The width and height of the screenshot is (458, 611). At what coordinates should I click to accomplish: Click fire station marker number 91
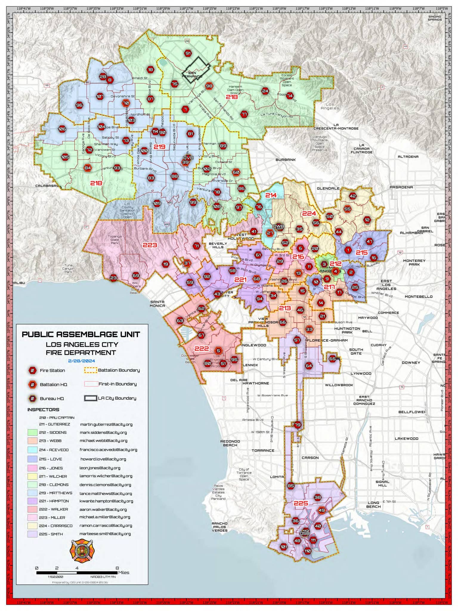click(188, 54)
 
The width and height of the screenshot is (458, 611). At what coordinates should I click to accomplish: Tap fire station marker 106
click(62, 129)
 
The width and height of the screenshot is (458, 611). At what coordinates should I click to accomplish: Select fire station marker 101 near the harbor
click(284, 547)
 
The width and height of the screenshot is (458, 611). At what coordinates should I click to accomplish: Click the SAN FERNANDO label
click(192, 75)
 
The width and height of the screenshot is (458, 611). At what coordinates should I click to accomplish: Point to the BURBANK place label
click(285, 160)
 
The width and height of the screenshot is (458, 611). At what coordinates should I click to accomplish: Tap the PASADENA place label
click(401, 187)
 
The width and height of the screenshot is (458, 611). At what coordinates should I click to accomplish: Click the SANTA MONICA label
click(157, 304)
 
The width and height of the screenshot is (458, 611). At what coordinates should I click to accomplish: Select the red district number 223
click(150, 245)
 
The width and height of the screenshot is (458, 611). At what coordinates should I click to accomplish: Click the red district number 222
click(202, 349)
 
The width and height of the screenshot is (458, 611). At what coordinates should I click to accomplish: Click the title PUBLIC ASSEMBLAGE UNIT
click(81, 334)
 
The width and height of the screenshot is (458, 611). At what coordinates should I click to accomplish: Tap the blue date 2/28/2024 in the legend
click(81, 361)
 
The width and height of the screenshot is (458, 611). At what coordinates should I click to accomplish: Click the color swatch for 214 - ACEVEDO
click(33, 450)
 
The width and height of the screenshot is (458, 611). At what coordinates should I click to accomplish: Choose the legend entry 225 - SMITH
click(51, 534)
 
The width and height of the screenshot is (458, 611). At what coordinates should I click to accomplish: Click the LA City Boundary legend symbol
click(90, 398)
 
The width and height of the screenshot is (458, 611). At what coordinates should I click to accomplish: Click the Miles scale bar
click(77, 573)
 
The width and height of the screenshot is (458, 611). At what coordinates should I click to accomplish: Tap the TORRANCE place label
click(263, 450)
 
